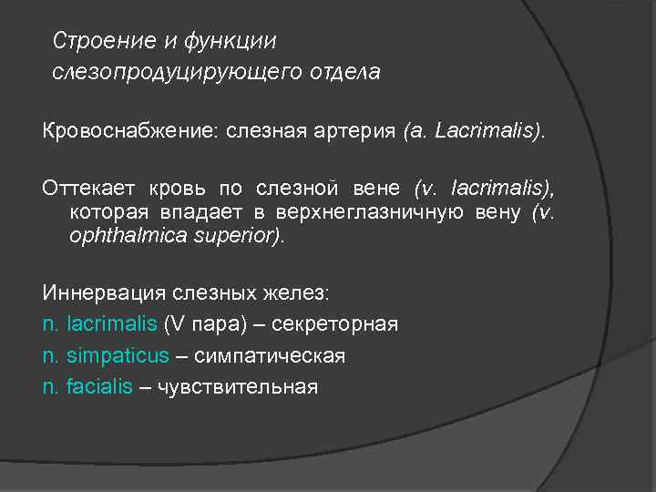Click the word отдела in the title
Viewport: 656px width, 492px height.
[347, 71]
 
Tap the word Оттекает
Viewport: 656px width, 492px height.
[88, 189]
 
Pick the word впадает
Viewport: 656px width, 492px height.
[204, 212]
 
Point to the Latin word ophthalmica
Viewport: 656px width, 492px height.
[124, 235]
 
